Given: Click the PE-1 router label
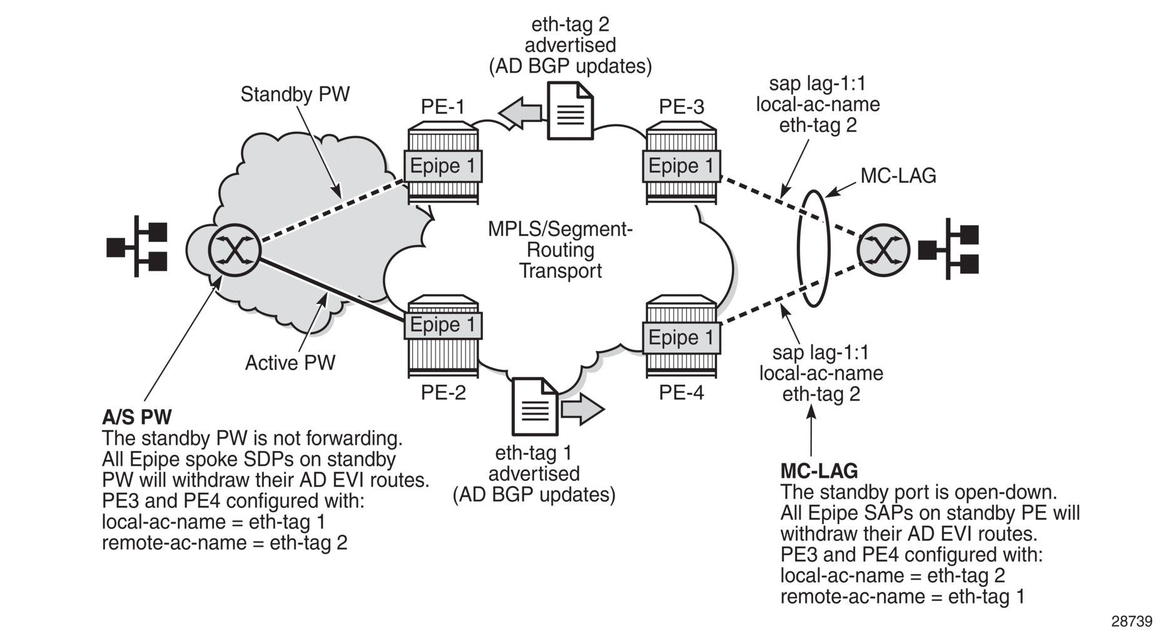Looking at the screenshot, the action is (x=442, y=107).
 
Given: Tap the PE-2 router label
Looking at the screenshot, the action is (x=443, y=393).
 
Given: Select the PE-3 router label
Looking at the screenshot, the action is (x=681, y=107).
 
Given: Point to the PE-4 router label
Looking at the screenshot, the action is (x=681, y=393).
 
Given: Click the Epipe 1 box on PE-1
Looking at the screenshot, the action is (x=442, y=166).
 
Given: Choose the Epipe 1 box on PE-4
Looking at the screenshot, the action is (x=681, y=338).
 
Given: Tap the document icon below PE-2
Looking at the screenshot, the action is (x=535, y=407).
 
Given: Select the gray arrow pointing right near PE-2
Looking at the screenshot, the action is (x=582, y=410).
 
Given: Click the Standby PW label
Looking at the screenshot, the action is (x=295, y=94).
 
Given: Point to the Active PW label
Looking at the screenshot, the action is (x=290, y=363).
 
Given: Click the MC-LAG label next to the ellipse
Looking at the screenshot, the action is (x=898, y=176).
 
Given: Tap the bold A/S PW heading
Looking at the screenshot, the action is (x=136, y=417).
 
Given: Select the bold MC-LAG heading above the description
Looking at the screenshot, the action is (x=819, y=471).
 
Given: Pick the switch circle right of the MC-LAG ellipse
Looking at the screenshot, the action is (x=883, y=250).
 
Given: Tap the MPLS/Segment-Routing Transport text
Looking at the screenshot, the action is (x=560, y=250).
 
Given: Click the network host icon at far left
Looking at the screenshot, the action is (x=137, y=247).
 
